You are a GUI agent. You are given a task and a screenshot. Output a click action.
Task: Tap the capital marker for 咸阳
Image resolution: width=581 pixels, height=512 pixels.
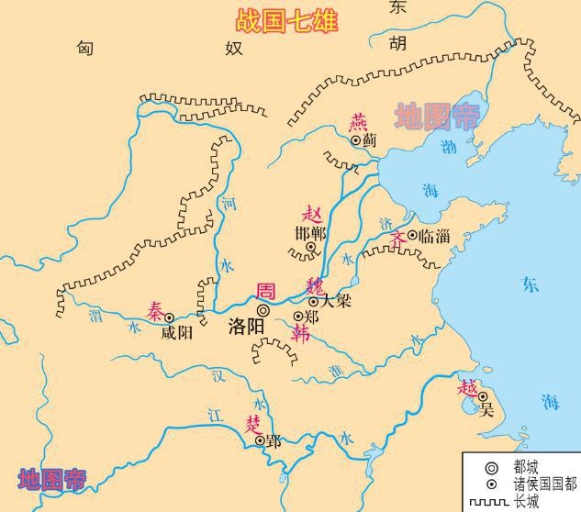169,318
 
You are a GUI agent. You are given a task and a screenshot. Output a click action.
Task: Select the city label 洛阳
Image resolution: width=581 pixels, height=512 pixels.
246,326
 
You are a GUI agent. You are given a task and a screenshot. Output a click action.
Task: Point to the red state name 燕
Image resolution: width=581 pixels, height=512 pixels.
357,123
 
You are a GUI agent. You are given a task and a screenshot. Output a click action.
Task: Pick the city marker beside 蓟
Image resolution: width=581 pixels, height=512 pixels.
356,141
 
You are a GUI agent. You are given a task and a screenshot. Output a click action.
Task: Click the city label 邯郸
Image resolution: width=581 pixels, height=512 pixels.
312,232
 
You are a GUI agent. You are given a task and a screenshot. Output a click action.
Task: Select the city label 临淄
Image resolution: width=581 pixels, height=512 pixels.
434,236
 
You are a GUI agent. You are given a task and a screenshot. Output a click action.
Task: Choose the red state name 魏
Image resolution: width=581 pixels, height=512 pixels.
315,283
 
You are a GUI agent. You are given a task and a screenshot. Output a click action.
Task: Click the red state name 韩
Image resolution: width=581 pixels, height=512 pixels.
300,334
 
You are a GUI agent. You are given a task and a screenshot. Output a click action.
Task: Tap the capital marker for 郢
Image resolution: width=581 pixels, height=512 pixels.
260,440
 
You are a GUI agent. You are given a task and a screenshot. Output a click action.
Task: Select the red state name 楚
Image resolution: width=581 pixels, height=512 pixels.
253,423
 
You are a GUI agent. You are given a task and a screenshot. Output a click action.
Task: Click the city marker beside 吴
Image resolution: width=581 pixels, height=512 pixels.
482,396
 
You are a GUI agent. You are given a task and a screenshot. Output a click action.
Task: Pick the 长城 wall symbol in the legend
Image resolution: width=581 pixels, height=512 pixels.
489,502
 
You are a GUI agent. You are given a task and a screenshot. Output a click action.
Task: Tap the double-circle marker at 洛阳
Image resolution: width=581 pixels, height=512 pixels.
263,310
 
